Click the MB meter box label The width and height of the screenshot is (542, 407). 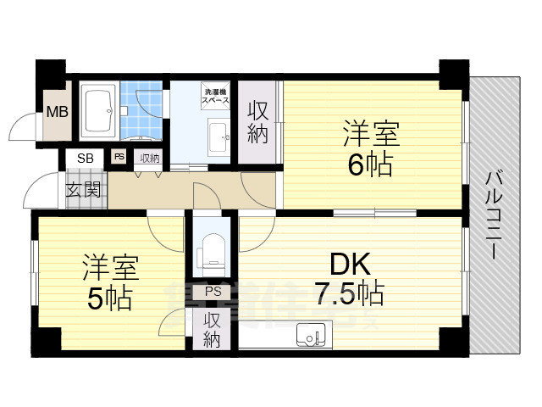[58, 111]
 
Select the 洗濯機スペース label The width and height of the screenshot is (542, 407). [214, 95]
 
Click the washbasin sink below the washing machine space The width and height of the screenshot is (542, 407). [218, 133]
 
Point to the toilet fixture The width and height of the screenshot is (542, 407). [211, 252]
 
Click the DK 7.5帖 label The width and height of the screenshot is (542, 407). [349, 279]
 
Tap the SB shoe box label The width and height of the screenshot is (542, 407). [86, 158]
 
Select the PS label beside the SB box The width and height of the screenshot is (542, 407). [119, 157]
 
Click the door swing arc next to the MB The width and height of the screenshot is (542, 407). [21, 129]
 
